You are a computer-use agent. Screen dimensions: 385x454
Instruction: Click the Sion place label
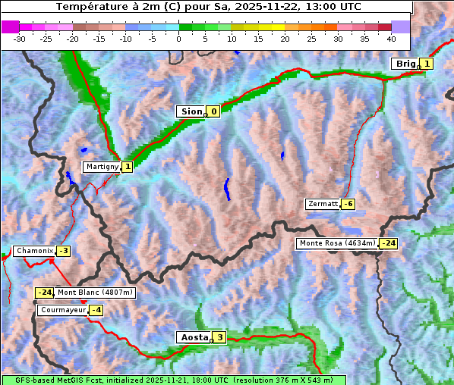[191, 111]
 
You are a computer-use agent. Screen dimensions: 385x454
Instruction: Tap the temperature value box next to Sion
[213, 111]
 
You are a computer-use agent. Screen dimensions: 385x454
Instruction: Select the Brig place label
[405, 64]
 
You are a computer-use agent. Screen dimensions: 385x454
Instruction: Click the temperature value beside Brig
[427, 64]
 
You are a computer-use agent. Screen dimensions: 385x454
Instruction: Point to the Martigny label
[101, 167]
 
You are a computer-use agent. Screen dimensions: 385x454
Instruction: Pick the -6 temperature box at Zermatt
[348, 204]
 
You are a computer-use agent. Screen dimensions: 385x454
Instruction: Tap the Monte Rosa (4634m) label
[336, 243]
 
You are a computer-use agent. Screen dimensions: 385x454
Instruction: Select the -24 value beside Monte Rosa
[388, 243]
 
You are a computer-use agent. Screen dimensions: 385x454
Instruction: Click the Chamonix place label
[34, 251]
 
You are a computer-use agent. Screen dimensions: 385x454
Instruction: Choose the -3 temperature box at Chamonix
[63, 251]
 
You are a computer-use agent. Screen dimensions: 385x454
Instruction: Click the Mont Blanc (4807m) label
[95, 293]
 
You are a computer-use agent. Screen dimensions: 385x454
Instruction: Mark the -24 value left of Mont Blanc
[45, 293]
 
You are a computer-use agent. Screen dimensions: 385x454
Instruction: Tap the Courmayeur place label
[62, 310]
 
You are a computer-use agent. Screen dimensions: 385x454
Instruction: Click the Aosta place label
[193, 337]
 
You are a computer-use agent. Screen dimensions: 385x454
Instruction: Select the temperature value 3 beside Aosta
[219, 337]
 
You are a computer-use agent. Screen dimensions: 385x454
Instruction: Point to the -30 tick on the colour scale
[20, 38]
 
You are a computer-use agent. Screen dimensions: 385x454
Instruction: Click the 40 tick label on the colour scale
[391, 38]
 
